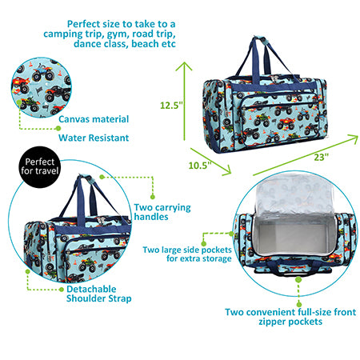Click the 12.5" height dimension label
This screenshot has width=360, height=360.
[171, 105]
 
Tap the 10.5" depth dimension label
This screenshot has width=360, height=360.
[200, 166]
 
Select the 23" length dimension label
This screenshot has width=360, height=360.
[321, 157]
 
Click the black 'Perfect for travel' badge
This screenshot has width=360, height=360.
[39, 167]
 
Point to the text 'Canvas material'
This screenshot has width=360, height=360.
[94, 119]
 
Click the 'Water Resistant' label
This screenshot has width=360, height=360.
[94, 138]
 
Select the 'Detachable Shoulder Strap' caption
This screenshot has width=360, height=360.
[98, 294]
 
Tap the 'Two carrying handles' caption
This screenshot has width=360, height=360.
[162, 212]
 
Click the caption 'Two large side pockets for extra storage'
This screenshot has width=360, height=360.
[187, 254]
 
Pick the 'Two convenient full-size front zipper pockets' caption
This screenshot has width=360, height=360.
[290, 317]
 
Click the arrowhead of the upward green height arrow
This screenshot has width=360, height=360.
[184, 66]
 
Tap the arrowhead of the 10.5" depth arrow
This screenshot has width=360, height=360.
[226, 170]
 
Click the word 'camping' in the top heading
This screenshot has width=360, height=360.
[63, 34]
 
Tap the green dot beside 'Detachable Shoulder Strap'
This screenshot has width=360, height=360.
[62, 290]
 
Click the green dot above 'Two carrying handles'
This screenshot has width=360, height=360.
[153, 197]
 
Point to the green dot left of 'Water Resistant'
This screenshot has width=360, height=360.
[58, 128]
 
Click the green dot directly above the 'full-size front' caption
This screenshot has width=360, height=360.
[299, 304]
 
